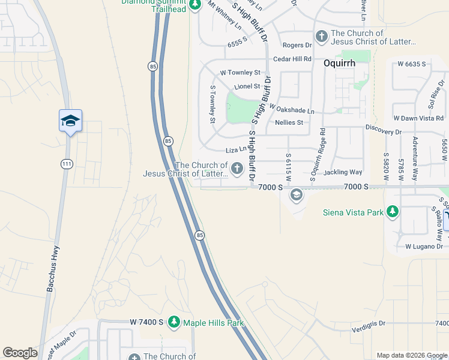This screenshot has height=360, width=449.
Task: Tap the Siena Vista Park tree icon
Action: pos(393,211)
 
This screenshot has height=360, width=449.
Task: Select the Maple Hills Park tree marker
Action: pos(174,323)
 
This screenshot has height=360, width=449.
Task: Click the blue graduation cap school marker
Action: pos(70,121)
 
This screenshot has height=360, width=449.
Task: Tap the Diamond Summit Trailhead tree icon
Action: pos(194,5)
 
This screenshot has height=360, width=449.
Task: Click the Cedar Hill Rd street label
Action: pos(292,59)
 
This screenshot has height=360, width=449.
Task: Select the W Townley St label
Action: pos(240,73)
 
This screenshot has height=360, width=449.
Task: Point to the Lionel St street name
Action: pos(247,86)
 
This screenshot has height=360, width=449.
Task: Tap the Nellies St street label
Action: pos(289,122)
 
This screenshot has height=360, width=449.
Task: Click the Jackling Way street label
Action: pos(343,172)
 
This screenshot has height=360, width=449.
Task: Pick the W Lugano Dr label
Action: pos(424,247)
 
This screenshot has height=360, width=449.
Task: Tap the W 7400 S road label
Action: pos(146,323)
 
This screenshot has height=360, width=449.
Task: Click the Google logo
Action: pos(20,353)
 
